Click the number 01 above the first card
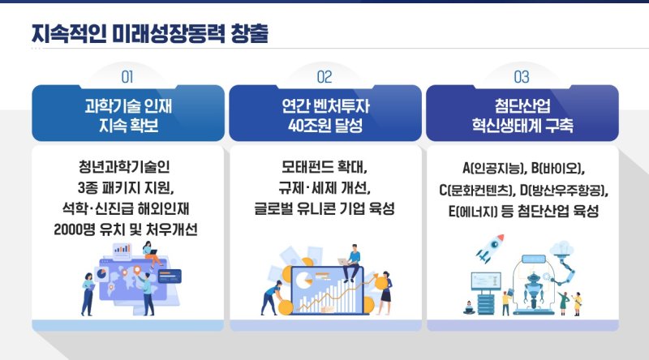coord(127,77)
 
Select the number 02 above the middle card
coord(324,77)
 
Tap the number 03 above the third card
coord(522,77)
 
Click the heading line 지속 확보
coord(127,126)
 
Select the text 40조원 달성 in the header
coord(324,126)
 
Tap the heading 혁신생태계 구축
coord(522,126)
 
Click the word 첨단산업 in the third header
coord(522,105)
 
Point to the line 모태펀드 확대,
coord(324,169)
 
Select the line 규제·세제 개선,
coord(324,189)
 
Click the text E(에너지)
coord(475,211)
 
